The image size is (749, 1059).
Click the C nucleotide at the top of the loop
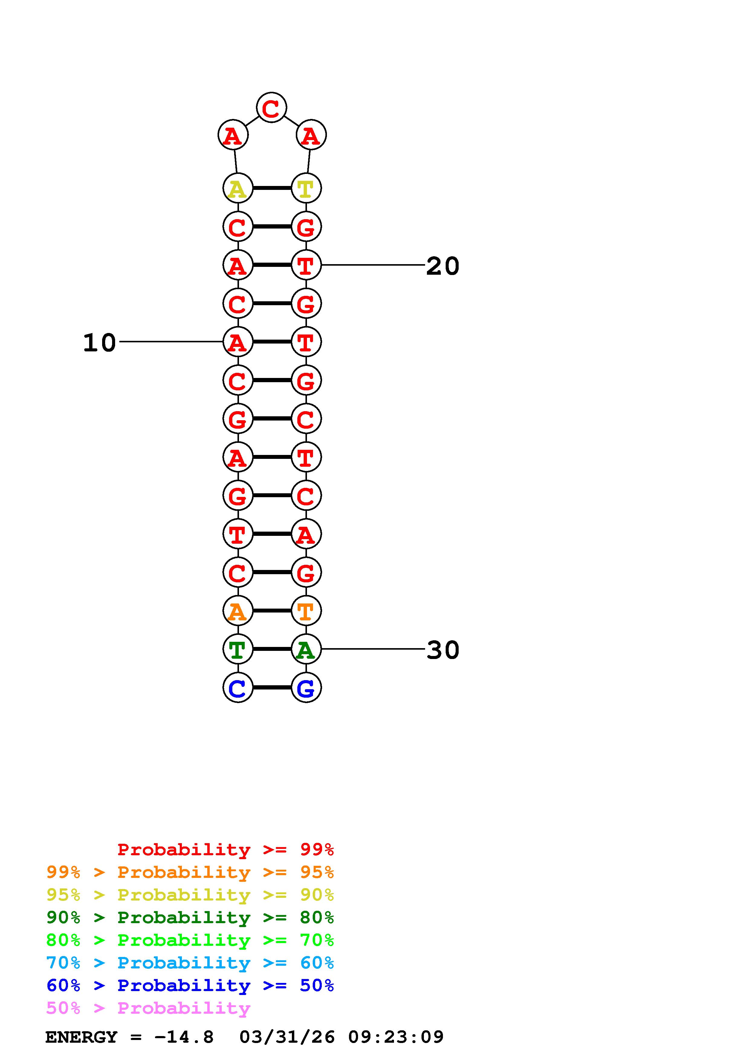(x=271, y=108)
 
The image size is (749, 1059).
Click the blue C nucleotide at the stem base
(x=238, y=688)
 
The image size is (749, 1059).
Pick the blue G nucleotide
(x=306, y=688)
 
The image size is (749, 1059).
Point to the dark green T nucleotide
(x=238, y=649)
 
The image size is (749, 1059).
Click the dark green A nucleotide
(x=306, y=649)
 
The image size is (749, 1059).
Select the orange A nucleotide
(x=238, y=611)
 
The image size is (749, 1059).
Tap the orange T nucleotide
(x=306, y=611)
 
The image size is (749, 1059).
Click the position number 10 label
(x=99, y=343)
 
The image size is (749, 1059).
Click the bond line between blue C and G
(x=272, y=688)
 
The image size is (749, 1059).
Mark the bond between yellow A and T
(x=272, y=188)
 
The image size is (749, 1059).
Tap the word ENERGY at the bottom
(x=81, y=1037)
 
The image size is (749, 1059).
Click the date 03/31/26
(x=287, y=1037)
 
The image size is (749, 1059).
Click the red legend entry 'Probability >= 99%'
(x=225, y=849)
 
